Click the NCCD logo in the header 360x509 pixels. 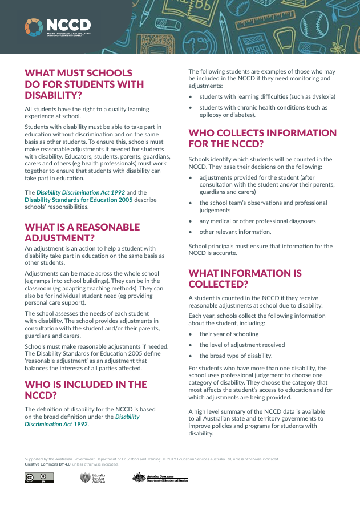(x=58, y=26)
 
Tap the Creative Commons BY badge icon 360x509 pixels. (x=35, y=478)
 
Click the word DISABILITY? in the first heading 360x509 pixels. (x=53, y=95)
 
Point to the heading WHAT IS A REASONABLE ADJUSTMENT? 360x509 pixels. (x=82, y=232)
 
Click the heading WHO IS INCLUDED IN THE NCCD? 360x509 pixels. (x=86, y=390)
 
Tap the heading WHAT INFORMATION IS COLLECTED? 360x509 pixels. (x=245, y=278)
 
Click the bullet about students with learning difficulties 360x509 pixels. (x=267, y=96)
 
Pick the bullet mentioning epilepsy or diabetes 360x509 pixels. (x=262, y=111)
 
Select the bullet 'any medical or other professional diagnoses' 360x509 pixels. (x=257, y=221)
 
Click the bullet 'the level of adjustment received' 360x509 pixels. (x=242, y=345)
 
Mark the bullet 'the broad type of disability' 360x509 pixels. (x=236, y=356)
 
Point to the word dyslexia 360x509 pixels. (x=321, y=96)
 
